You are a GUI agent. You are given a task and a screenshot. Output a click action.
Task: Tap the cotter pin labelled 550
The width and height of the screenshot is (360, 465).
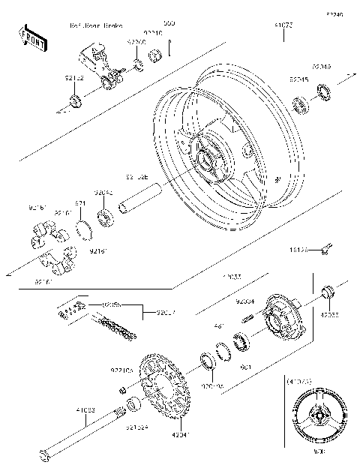click(170, 49)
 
